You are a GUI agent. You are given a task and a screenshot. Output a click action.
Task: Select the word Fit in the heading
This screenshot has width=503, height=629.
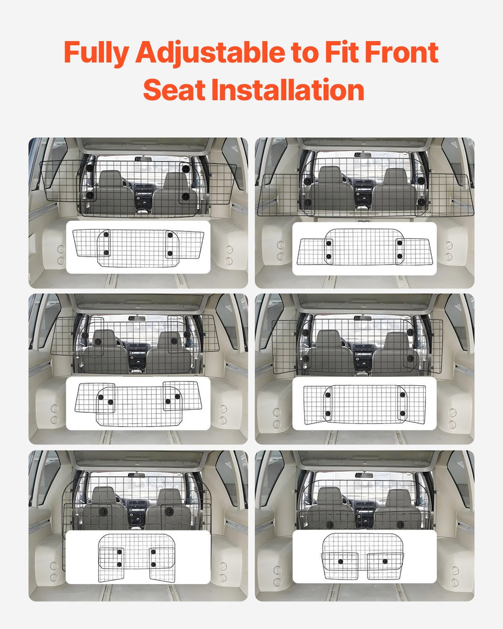point(342,52)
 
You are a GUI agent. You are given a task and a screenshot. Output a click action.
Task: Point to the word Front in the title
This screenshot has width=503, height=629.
point(402,52)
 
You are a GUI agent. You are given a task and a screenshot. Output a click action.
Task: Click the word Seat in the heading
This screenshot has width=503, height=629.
point(174,89)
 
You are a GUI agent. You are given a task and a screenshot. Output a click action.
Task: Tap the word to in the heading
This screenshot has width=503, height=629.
point(305,53)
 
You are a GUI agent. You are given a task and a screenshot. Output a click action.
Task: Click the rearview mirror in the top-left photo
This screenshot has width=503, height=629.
point(143,159)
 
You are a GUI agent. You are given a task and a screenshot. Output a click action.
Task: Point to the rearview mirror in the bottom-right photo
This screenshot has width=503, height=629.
point(364,475)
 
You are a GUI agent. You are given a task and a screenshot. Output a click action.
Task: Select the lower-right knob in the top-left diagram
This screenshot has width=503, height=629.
point(170,253)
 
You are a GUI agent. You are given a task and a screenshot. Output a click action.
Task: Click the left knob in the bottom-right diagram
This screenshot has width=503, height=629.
point(340,562)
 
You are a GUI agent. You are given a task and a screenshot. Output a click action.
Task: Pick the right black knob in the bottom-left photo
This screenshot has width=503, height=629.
point(169,512)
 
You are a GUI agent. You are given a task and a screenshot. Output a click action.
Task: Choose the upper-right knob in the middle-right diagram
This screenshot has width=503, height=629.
point(402,395)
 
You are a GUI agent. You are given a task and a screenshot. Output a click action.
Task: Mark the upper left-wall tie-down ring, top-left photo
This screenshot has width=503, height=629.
point(60,249)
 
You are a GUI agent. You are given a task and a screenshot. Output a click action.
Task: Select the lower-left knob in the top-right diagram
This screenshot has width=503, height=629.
point(329,257)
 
